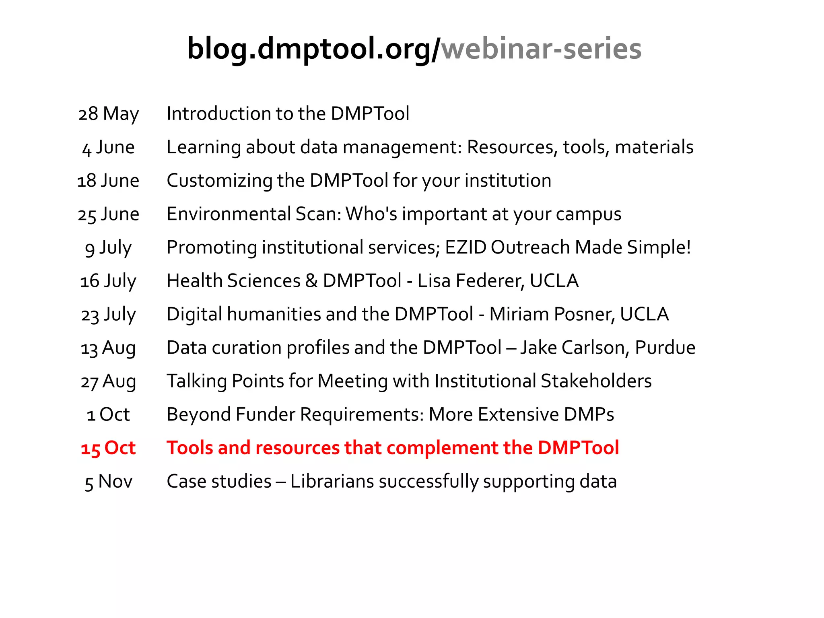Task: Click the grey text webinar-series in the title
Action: pos(541,49)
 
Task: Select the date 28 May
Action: pos(108,114)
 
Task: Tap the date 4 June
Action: pos(108,147)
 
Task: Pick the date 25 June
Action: pos(108,214)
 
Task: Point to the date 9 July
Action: pos(108,247)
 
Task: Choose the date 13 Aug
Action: pos(108,348)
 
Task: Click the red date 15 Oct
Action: pos(108,448)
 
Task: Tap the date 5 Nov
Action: pos(108,482)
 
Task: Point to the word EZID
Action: pos(466,247)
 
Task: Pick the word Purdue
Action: pos(665,348)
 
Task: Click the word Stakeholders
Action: pos(596,381)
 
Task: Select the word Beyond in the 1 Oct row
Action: pos(198,414)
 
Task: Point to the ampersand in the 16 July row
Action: pos(311,281)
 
